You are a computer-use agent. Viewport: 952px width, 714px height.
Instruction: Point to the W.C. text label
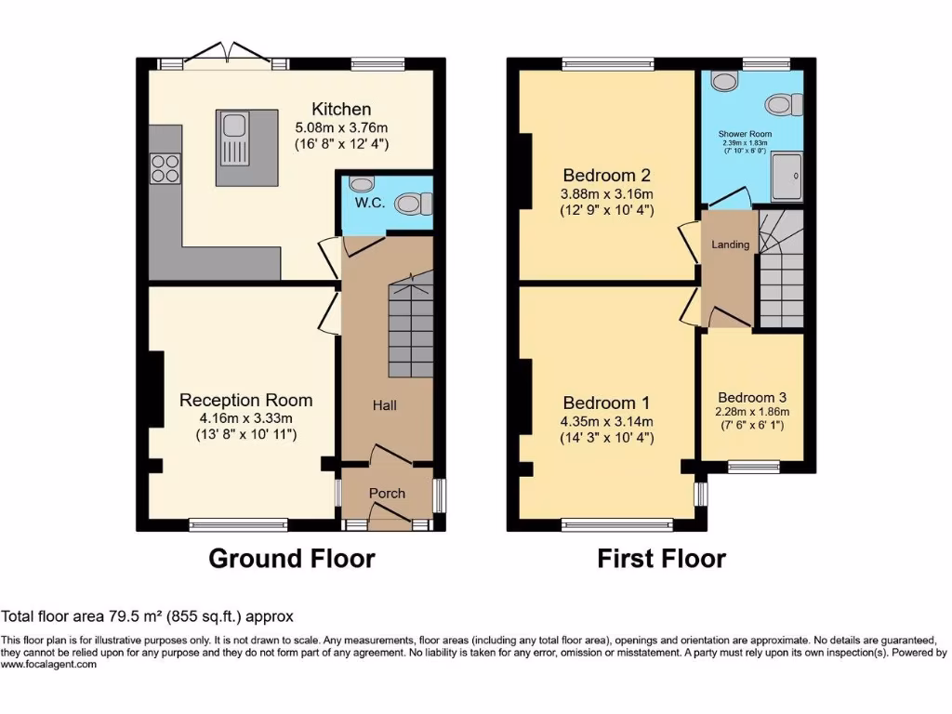point(369,203)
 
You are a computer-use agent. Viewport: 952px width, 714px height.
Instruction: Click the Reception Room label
point(245,400)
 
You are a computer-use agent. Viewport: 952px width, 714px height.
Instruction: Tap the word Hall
point(385,405)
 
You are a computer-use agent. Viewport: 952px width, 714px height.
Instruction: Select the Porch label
point(387,493)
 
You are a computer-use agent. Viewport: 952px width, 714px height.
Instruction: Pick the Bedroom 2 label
point(606,175)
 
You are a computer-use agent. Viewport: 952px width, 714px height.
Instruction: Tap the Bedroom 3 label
point(752,397)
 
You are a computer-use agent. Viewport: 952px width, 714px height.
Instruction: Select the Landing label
point(731,245)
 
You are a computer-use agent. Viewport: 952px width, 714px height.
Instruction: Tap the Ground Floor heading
point(291,558)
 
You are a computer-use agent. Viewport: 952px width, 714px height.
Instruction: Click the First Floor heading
point(661,558)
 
